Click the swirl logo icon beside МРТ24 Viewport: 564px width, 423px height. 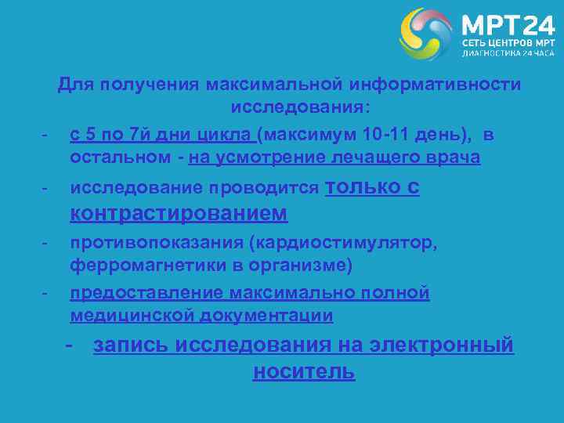pos(427,34)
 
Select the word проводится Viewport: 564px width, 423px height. pos(273,188)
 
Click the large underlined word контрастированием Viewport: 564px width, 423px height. pos(179,213)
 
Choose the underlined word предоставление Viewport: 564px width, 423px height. pos(146,293)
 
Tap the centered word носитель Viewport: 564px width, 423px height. pos(304,372)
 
